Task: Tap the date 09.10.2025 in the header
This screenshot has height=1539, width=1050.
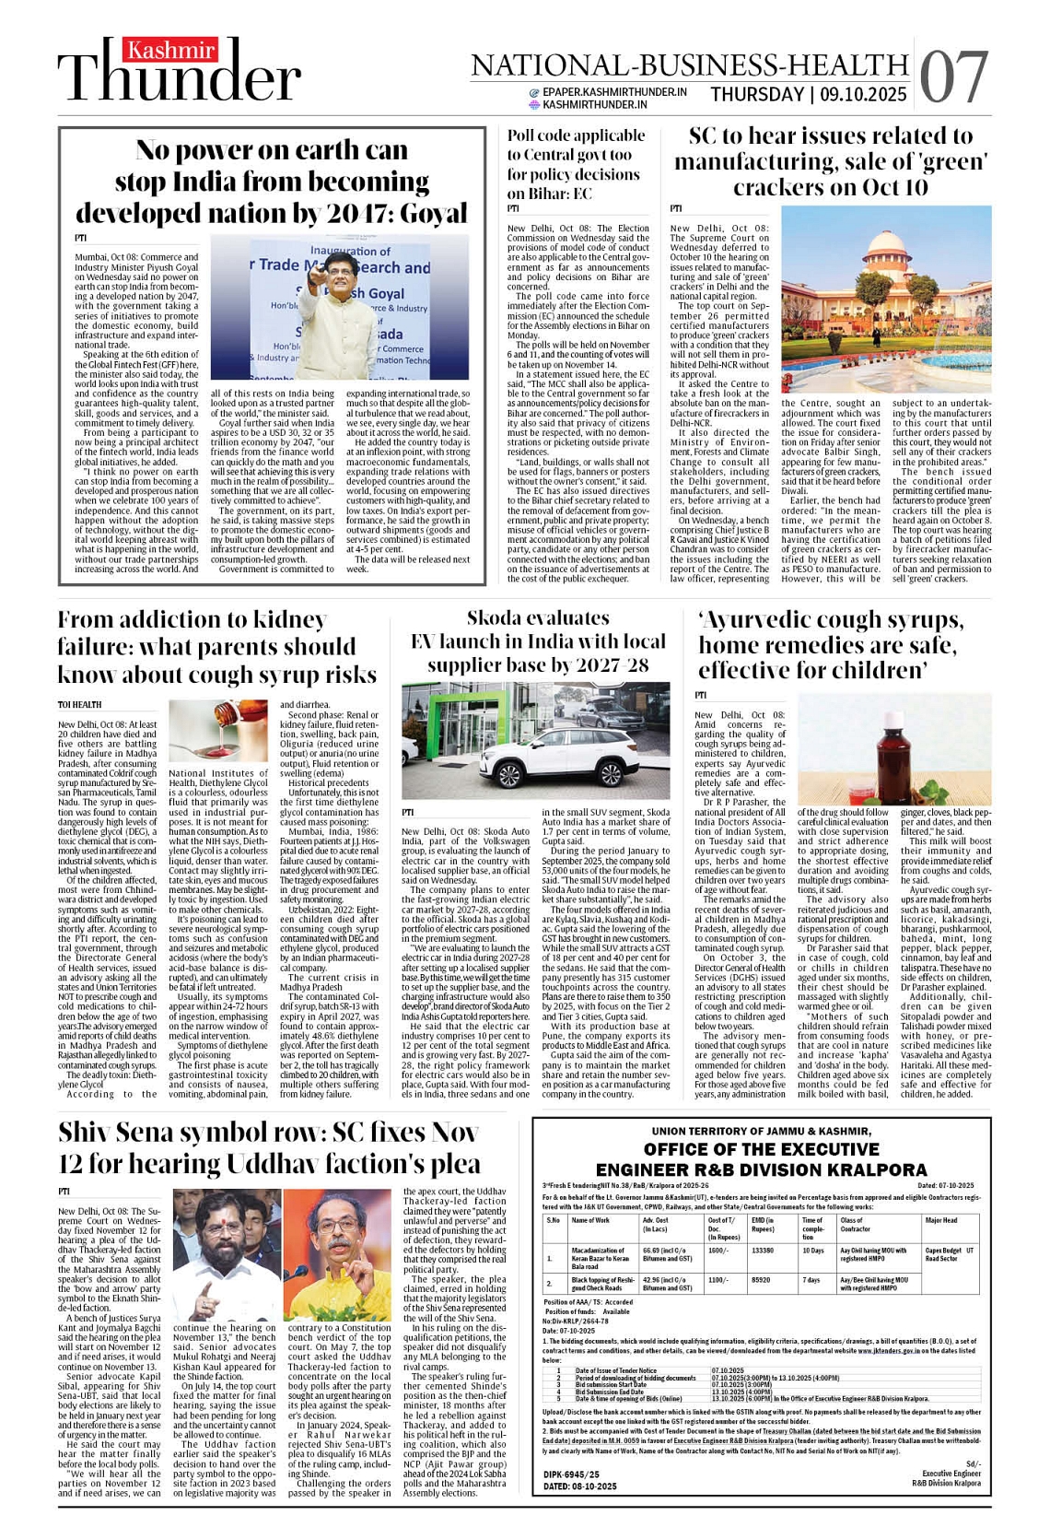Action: pos(864,94)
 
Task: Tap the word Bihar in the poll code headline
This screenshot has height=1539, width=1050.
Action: pos(548,194)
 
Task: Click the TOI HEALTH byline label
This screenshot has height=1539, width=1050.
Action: pos(79,705)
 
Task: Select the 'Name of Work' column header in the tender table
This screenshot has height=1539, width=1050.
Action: pos(590,1220)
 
